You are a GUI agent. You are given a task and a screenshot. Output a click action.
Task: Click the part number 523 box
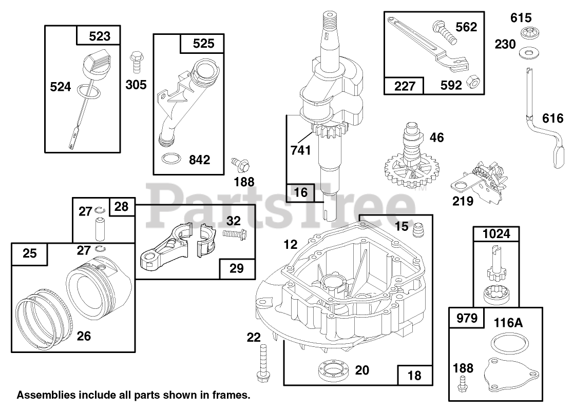tap(99, 36)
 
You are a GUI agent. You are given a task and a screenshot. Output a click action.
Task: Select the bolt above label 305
tap(137, 61)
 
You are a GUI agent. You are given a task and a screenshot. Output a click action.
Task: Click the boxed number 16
tap(301, 192)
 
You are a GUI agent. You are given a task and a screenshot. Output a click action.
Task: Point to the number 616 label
tap(552, 119)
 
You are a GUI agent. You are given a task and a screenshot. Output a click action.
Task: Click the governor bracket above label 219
tap(477, 178)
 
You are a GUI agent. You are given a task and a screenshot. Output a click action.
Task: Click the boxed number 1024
tap(496, 233)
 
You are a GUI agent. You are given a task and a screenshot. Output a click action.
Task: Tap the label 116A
tap(508, 323)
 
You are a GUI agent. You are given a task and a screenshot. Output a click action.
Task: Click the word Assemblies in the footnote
tap(44, 396)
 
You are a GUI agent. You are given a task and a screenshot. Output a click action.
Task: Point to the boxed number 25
tap(30, 253)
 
